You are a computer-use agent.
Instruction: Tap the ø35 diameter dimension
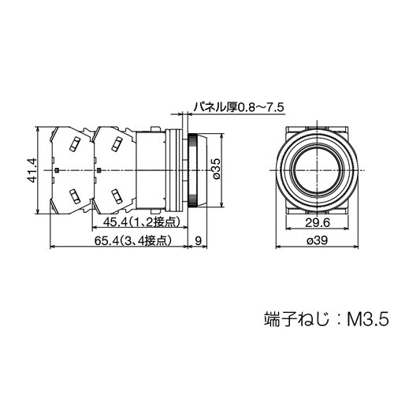(x=217, y=169)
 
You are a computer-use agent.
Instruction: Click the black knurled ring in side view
(x=191, y=169)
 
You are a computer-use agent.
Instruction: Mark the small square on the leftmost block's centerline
(x=58, y=169)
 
